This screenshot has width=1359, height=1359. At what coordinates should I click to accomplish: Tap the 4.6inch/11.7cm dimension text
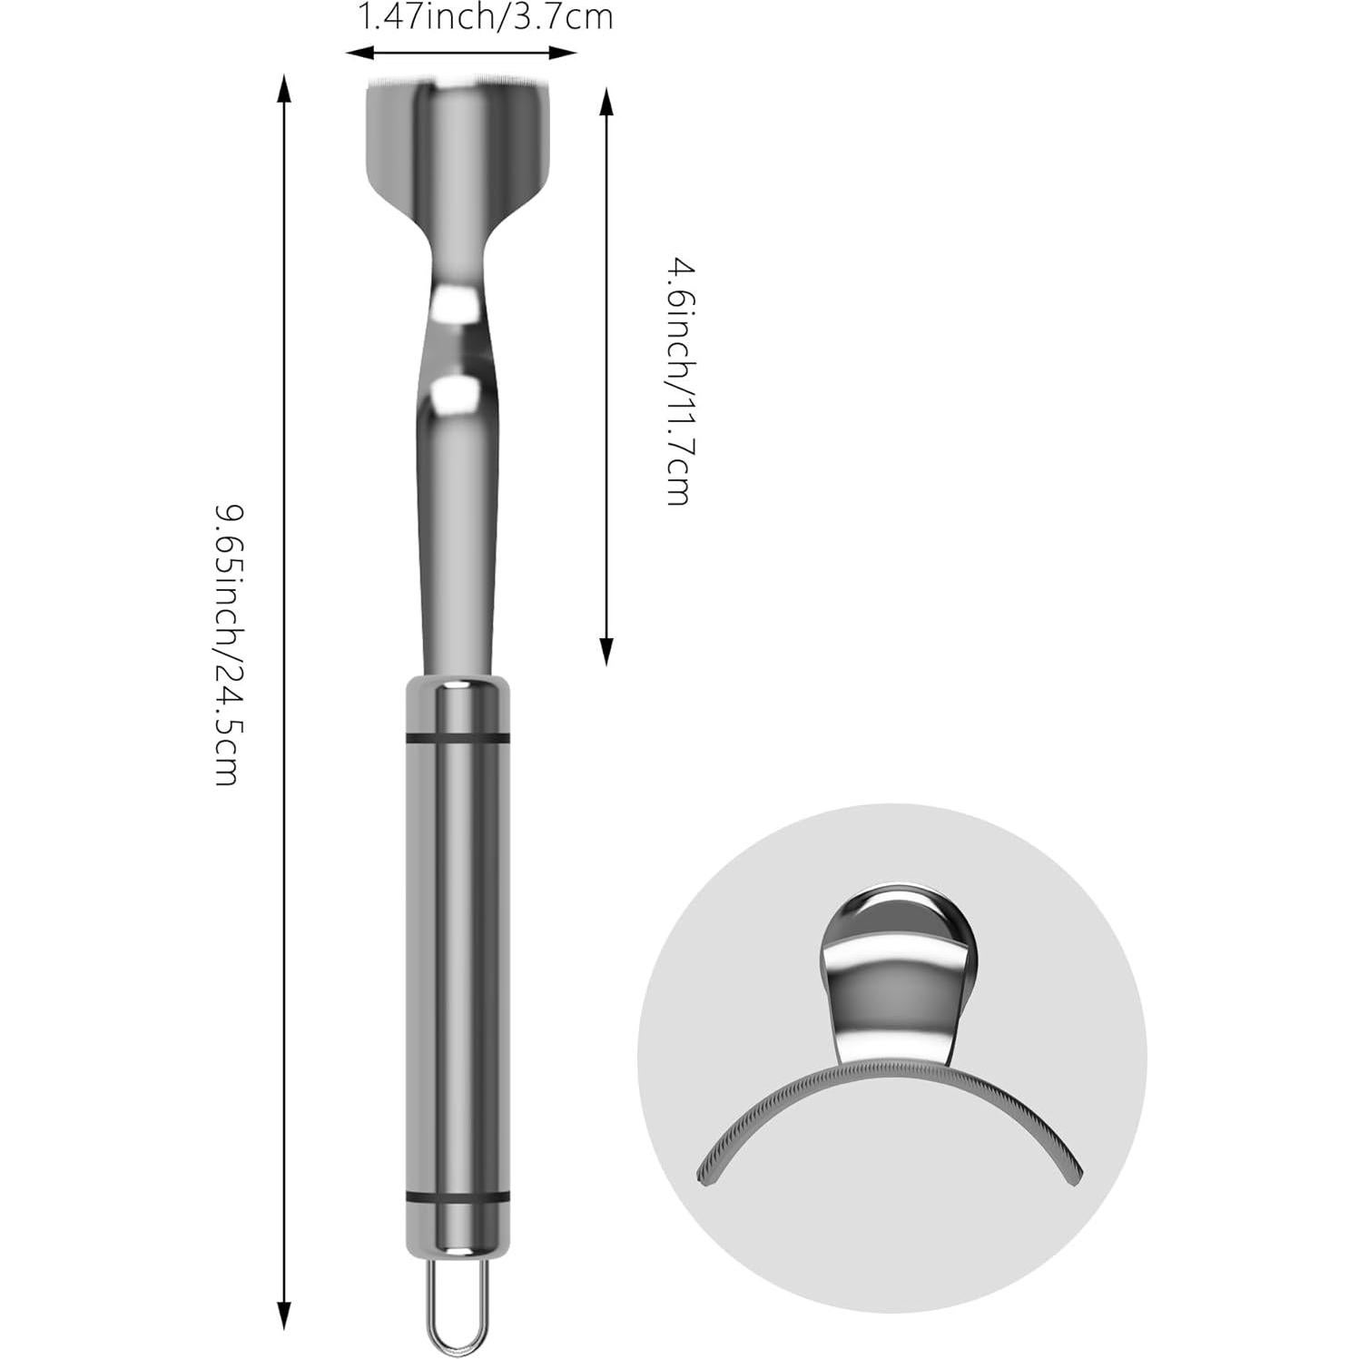[x=681, y=381]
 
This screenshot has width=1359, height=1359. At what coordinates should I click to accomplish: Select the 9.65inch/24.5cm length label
[x=227, y=645]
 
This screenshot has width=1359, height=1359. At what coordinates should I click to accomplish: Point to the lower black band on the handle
[x=458, y=1199]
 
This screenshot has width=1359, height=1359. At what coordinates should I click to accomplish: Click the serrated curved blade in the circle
[x=890, y=1080]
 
